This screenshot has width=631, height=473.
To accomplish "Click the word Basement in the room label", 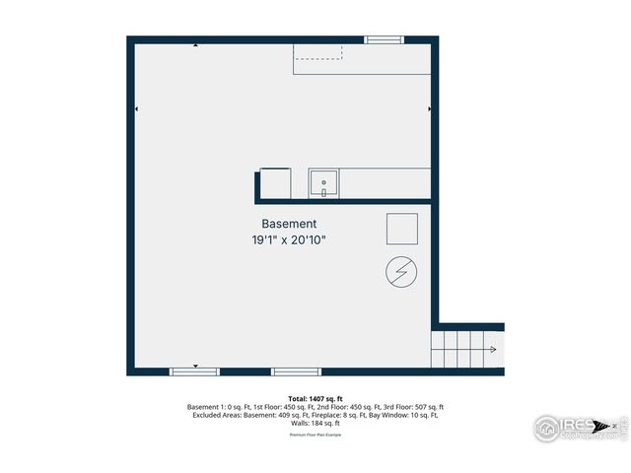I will [x=289, y=224].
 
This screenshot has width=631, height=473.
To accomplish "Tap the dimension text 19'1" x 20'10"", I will [x=289, y=239].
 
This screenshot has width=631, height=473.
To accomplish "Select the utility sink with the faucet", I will [x=323, y=183].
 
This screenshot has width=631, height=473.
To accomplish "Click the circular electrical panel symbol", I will [x=401, y=273].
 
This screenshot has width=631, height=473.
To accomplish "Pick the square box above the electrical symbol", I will [x=401, y=230].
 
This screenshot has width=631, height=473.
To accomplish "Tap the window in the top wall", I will [x=384, y=39].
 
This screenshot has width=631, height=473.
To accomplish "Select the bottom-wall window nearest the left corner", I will [x=194, y=372].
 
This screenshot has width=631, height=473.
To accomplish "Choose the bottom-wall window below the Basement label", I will [x=296, y=372].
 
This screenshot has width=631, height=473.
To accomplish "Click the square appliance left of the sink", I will [x=274, y=183].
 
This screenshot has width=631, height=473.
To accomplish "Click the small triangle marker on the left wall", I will [x=136, y=108].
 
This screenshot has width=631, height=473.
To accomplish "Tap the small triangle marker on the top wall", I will [x=195, y=45].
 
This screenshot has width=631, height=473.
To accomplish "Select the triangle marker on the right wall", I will [x=430, y=108].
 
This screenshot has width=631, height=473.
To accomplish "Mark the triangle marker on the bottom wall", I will [x=195, y=366].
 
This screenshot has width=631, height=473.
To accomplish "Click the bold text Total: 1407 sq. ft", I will [x=315, y=398].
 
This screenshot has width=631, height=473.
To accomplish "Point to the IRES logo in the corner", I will [x=577, y=427].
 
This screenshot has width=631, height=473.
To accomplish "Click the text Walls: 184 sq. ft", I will [x=315, y=423].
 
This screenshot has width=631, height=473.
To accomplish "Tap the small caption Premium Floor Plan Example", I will [x=315, y=434].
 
